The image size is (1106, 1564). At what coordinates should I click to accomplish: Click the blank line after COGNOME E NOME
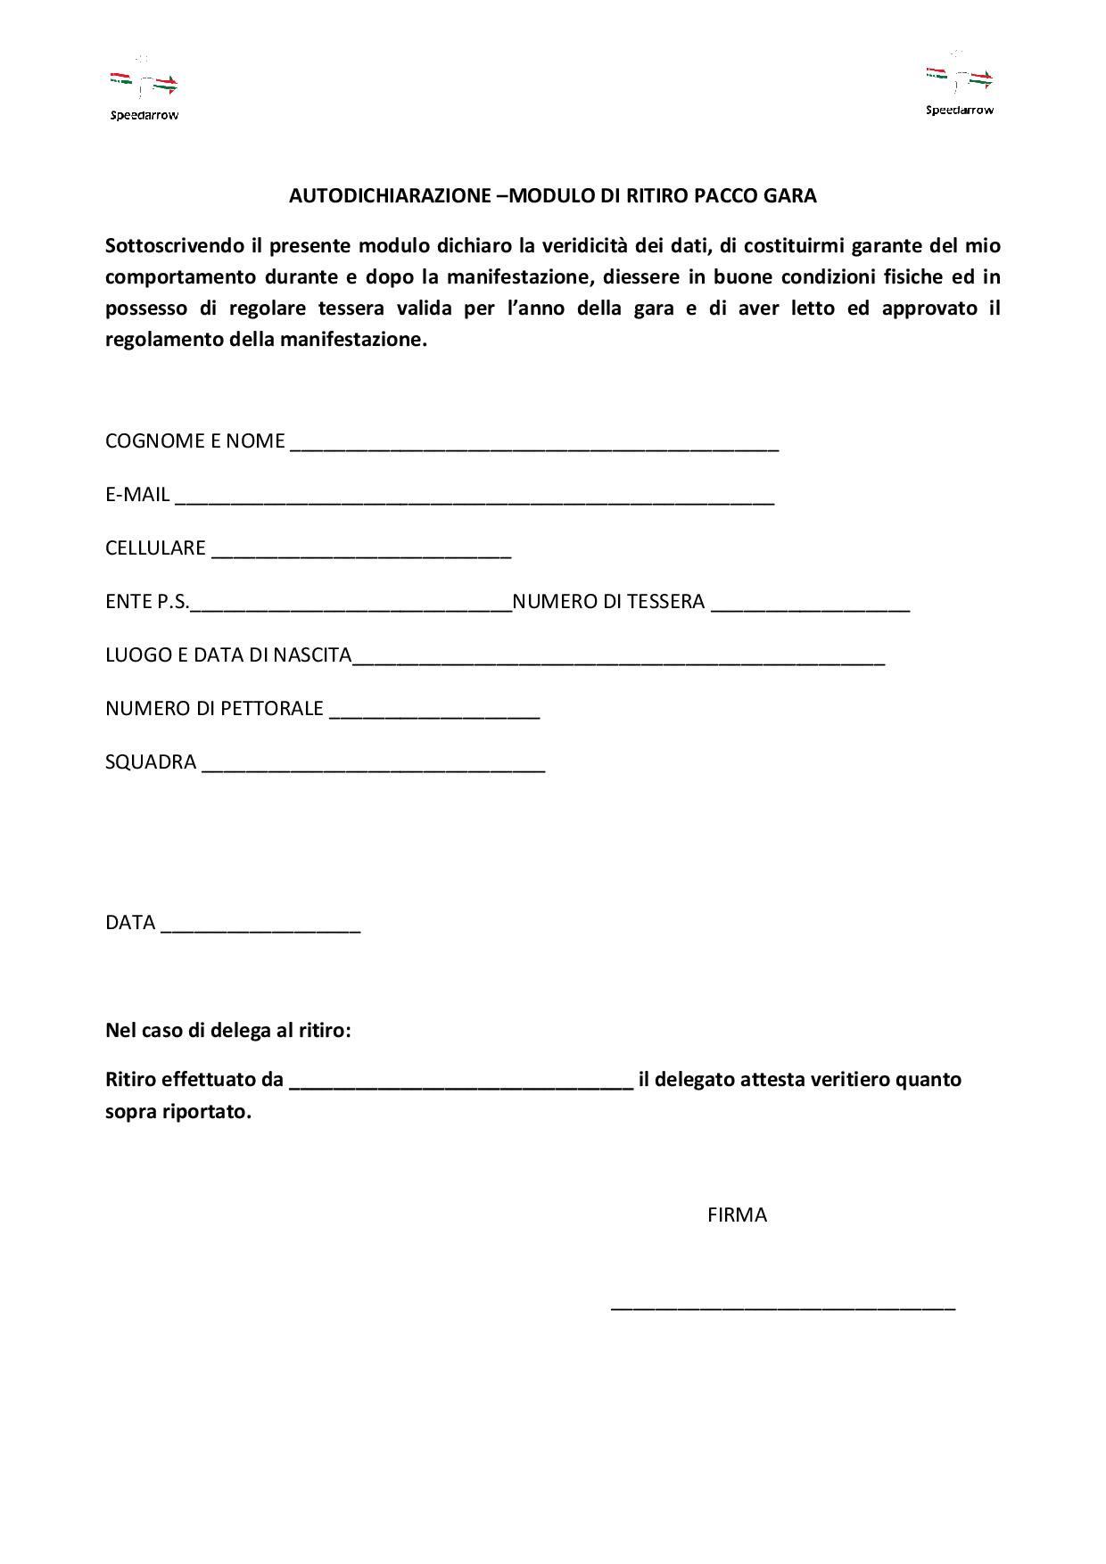tap(534, 445)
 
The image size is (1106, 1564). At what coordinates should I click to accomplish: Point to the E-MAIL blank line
tap(474, 498)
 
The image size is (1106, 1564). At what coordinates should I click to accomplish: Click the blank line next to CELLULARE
tap(360, 552)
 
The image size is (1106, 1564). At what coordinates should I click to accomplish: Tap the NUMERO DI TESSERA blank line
tap(810, 605)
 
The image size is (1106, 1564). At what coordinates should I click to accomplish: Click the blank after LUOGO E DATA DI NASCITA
tap(618, 659)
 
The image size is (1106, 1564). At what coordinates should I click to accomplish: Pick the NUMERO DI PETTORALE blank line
tap(434, 712)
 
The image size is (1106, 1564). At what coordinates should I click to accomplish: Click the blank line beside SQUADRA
tap(373, 766)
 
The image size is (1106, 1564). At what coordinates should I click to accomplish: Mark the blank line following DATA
tap(260, 926)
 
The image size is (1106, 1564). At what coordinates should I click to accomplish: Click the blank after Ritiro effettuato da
tap(461, 1083)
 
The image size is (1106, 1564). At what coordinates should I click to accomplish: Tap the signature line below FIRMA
tap(782, 1305)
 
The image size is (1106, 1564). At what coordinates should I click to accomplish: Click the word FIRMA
tap(737, 1215)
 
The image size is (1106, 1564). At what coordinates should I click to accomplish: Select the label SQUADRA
tap(151, 762)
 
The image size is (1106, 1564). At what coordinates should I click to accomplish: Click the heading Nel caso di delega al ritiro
tap(228, 1031)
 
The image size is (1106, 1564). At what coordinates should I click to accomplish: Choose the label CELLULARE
tap(155, 548)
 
